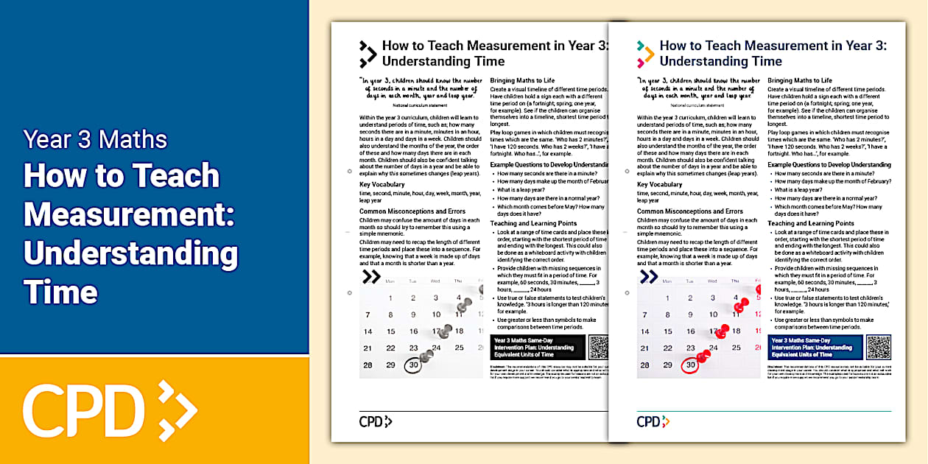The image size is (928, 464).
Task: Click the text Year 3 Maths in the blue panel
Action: tap(95, 139)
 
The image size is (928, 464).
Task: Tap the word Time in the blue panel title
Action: tap(60, 292)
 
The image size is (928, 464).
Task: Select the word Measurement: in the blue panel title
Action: tap(129, 214)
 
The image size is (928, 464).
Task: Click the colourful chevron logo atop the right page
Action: tap(645, 54)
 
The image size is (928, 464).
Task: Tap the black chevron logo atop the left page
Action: tap(368, 54)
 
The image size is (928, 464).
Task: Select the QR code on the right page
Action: tap(878, 347)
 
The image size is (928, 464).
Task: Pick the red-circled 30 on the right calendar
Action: tap(690, 365)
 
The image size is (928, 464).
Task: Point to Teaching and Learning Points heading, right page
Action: tap(811, 223)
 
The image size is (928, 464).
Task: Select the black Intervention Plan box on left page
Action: tap(537, 347)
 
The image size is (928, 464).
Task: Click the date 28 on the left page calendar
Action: tap(368, 365)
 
